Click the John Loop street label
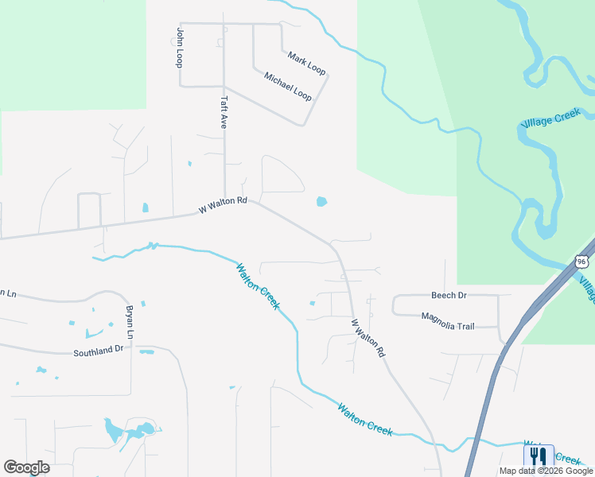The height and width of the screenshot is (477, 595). (181, 47)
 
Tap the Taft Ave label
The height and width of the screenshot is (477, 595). (224, 113)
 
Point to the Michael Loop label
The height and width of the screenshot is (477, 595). (288, 86)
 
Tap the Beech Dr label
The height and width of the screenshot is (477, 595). (449, 295)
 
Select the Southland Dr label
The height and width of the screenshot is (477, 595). (99, 349)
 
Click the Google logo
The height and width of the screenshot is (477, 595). (27, 467)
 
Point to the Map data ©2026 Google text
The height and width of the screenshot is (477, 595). (546, 471)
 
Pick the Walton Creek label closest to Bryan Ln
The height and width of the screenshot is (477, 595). (258, 286)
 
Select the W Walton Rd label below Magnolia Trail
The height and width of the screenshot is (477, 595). (369, 338)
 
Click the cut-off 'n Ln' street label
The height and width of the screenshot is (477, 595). (8, 293)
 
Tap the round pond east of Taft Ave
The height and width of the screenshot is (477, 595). (321, 201)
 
